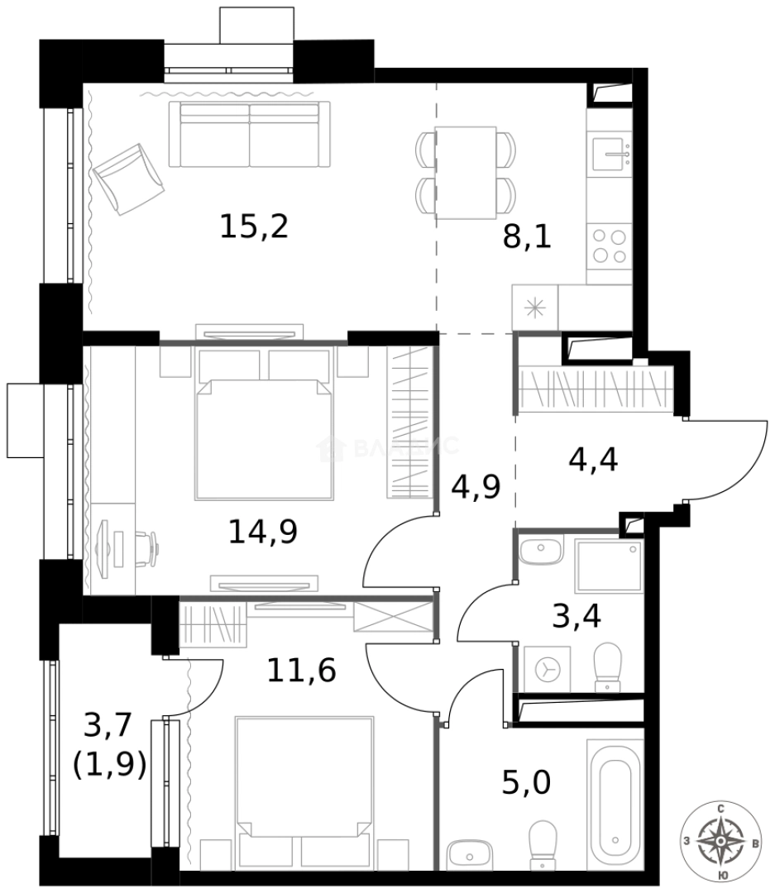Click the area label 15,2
coord(254,226)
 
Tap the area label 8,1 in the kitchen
coord(527,237)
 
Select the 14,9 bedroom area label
coord(262,531)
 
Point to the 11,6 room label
coord(301,670)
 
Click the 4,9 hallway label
coord(476,488)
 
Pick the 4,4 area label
coord(593,460)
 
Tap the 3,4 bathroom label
coord(576,616)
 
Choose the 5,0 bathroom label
coord(526,781)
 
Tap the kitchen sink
coord(610,154)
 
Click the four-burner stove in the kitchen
coord(610,245)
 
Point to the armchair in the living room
coord(128,177)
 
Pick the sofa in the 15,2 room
coord(249,134)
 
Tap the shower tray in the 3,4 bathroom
coord(609,568)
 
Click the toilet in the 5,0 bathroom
coord(543,842)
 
